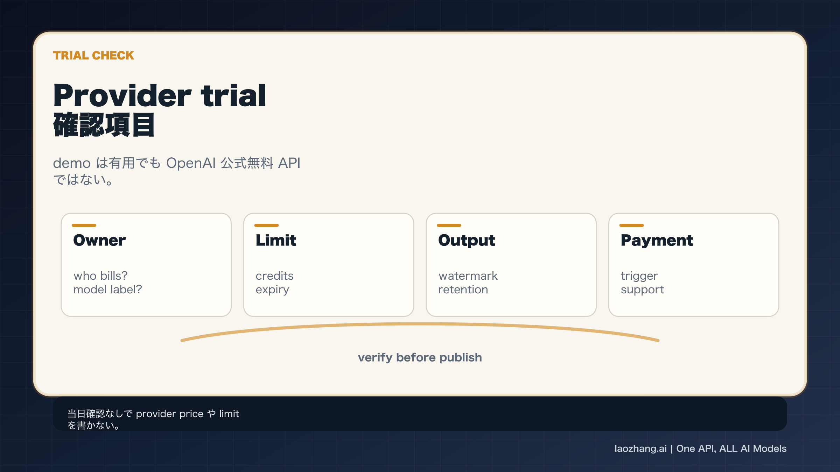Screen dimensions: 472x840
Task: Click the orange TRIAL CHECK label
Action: coord(93,56)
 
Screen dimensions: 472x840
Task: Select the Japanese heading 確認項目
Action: coord(104,125)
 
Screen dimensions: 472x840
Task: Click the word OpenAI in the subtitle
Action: coord(191,163)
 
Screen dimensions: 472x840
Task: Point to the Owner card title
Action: coord(99,240)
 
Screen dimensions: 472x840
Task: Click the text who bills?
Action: coord(100,276)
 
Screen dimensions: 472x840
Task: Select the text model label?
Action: coord(107,289)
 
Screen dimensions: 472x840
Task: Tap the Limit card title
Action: coord(276,240)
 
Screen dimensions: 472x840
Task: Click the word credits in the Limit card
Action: coord(274,276)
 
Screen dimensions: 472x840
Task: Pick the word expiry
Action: coord(272,290)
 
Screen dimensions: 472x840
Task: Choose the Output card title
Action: coord(467,240)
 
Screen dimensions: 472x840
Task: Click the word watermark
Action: coord(468,276)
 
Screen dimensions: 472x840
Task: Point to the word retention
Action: coord(463,289)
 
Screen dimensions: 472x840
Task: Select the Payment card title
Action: coord(657,240)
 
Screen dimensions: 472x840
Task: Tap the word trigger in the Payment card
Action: coord(639,276)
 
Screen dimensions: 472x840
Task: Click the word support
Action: coord(642,290)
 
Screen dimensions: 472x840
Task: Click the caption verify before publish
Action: coord(420,357)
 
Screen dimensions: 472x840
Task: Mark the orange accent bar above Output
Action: coord(449,226)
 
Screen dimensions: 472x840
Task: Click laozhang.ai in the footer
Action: coord(640,449)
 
